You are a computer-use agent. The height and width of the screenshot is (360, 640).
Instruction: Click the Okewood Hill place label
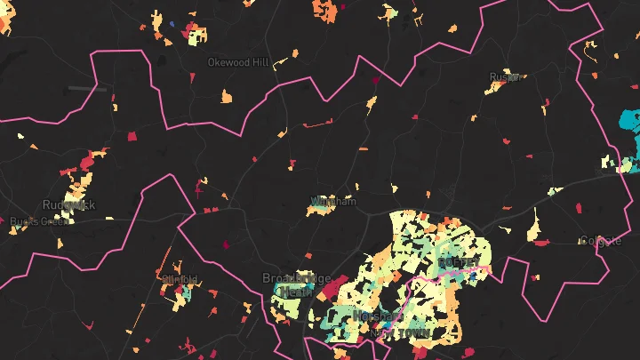(x=236, y=63)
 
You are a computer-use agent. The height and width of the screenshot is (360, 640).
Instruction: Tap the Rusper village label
(x=504, y=77)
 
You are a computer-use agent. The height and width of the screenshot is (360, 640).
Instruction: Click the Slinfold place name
(x=180, y=279)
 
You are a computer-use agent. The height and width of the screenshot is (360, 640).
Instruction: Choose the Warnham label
(x=333, y=202)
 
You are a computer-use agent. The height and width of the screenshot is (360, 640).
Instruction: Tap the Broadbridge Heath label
(x=289, y=284)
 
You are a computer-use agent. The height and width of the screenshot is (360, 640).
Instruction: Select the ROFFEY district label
(x=458, y=263)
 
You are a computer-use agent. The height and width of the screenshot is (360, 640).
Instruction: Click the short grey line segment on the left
(x=87, y=88)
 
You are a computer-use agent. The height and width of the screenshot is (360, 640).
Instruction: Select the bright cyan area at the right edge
(x=631, y=124)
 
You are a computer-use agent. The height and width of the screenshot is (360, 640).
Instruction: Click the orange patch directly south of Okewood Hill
(x=226, y=96)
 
